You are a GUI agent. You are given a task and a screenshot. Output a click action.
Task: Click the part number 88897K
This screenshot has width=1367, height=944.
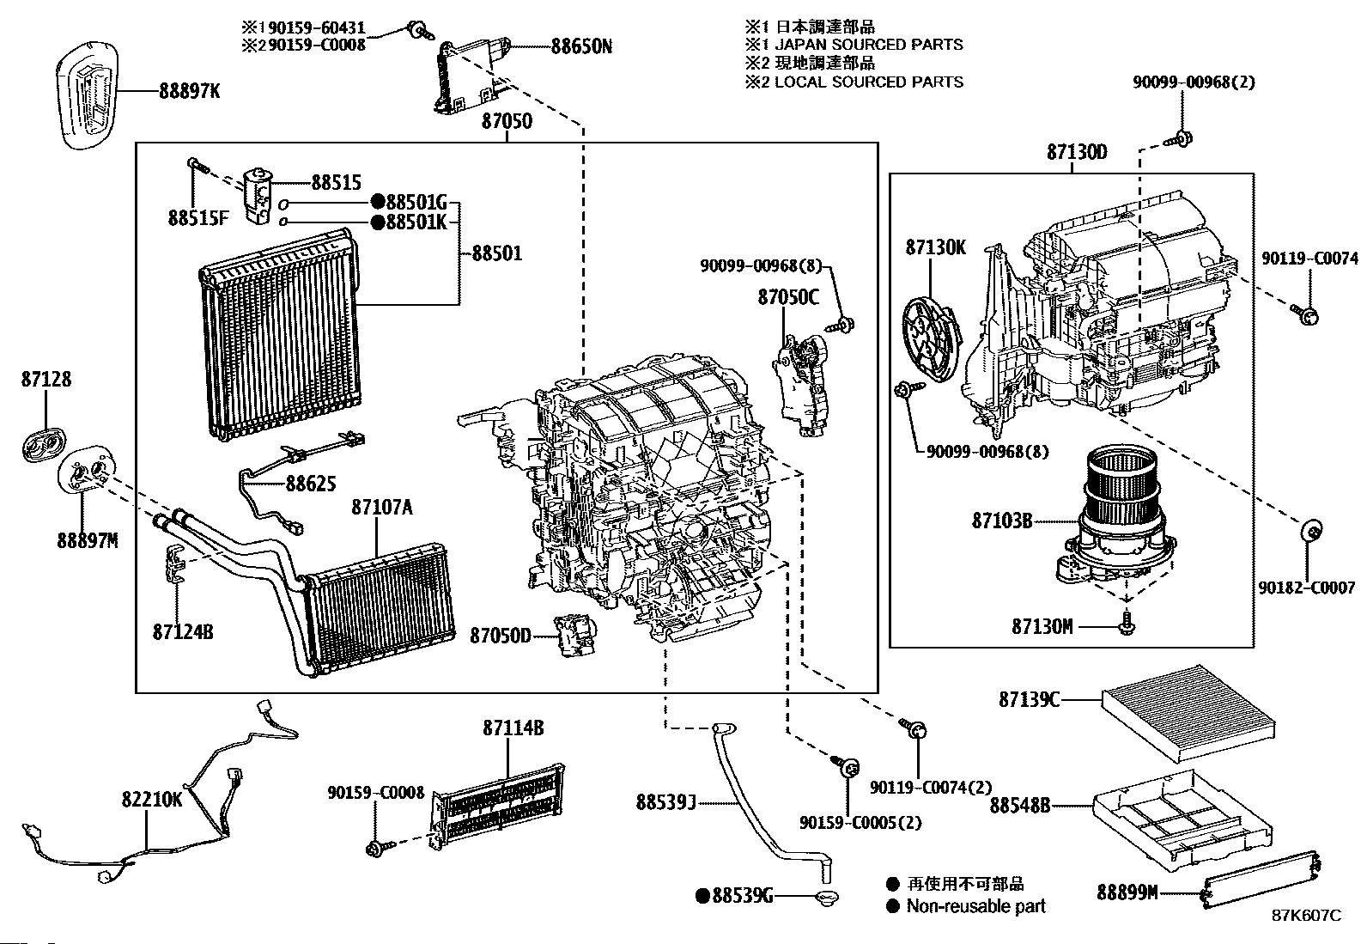click(189, 91)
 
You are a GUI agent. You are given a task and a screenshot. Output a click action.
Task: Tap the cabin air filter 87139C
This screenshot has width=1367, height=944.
click(1188, 713)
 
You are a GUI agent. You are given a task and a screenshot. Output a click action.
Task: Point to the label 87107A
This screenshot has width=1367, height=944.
click(382, 507)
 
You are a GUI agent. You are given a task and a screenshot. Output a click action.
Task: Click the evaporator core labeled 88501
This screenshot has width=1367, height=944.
click(280, 335)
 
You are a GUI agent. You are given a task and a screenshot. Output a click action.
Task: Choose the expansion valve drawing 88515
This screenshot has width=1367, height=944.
click(258, 197)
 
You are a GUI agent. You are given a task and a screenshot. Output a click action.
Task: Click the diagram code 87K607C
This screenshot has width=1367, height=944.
click(1307, 916)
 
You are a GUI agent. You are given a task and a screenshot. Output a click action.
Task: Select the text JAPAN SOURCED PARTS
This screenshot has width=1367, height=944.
click(869, 45)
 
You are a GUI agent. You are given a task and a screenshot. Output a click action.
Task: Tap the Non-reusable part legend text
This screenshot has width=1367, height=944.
click(976, 906)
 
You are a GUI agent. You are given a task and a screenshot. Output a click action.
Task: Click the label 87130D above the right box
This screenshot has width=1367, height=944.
click(1077, 152)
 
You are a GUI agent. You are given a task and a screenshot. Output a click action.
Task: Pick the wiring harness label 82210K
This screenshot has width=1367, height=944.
click(152, 800)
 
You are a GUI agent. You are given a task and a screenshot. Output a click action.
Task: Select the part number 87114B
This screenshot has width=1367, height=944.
click(513, 728)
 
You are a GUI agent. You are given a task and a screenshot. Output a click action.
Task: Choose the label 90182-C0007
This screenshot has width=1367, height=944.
click(1307, 588)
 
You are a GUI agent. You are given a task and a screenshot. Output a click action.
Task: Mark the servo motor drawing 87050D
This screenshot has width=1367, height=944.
click(574, 636)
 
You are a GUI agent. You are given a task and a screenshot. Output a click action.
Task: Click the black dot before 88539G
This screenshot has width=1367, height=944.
click(703, 897)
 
